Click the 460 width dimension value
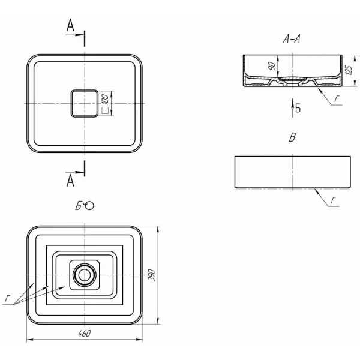point(84,334)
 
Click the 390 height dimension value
point(152,275)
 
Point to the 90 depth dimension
point(272,66)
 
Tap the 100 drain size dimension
point(105,99)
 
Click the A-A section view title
point(292,39)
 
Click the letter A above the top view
point(70,25)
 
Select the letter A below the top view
point(70,181)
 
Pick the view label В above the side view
point(292,137)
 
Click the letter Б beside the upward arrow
point(298,108)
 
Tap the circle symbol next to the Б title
point(89,206)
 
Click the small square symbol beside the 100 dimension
point(105,110)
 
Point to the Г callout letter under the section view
point(337,99)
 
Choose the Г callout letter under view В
point(334,200)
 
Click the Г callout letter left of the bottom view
point(8,298)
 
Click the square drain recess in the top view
point(85,103)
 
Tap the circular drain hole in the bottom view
point(85,275)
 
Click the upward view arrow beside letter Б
point(293,108)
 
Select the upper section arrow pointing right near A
point(75,35)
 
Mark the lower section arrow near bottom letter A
point(75,172)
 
